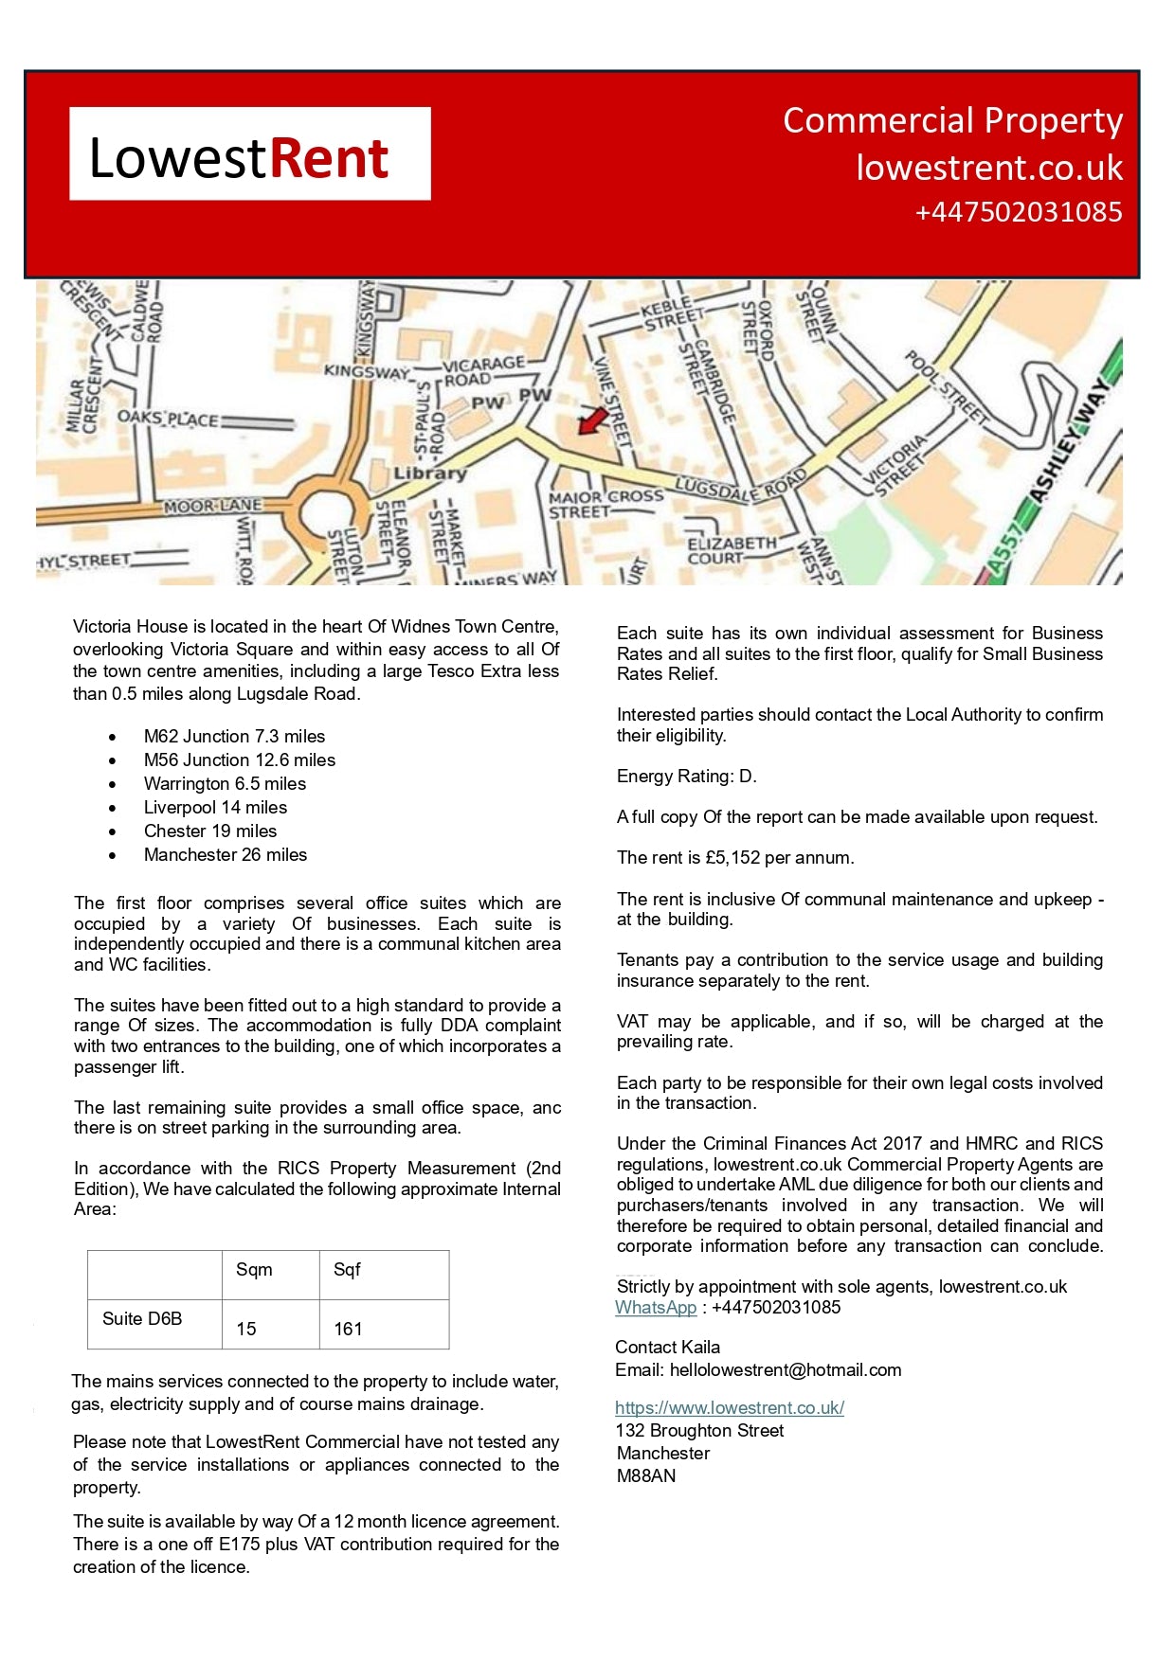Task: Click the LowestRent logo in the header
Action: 249,154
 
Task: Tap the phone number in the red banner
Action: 1018,212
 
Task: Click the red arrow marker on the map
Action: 592,420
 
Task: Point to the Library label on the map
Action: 430,473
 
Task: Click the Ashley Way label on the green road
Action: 1069,442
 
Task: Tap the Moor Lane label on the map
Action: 212,507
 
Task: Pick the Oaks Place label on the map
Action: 167,418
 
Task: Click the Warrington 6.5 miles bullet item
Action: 225,783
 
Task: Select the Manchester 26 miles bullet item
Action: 226,854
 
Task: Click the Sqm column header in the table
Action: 254,1270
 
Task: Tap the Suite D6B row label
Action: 142,1318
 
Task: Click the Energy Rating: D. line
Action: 686,777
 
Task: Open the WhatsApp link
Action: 656,1308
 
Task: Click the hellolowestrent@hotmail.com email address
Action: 786,1370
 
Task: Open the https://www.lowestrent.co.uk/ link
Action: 729,1408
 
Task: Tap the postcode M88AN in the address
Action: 646,1476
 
